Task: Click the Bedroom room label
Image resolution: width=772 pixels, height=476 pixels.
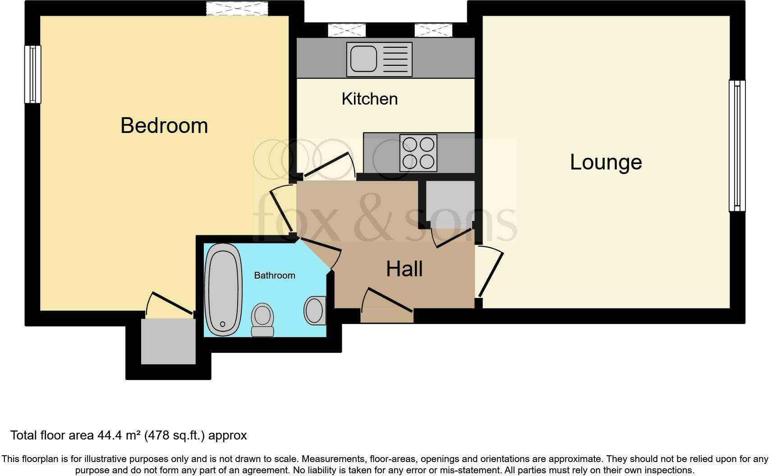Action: (164, 126)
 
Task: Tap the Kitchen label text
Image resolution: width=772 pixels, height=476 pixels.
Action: (369, 99)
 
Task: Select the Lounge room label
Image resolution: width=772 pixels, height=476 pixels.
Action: (606, 162)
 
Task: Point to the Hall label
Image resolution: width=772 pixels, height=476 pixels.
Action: (404, 269)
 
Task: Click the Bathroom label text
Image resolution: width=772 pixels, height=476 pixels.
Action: (275, 275)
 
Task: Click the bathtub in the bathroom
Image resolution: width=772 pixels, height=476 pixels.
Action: (223, 290)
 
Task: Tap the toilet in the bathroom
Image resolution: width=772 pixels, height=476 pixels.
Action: (262, 320)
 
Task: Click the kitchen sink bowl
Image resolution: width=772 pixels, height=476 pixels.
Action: (363, 59)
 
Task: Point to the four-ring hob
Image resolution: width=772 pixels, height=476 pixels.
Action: (418, 153)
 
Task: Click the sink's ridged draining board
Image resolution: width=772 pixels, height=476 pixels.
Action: (395, 59)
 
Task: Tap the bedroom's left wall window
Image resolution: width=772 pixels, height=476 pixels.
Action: (33, 74)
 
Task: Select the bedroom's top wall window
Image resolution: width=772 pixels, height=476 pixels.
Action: (237, 8)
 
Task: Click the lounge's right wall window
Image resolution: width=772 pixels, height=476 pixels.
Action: (737, 146)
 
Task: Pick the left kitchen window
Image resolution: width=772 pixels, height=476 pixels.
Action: (347, 30)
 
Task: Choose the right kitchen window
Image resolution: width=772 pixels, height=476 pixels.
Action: (433, 30)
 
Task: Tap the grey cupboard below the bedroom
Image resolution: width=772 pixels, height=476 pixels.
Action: (169, 341)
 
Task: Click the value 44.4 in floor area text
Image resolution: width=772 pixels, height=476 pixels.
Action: (109, 436)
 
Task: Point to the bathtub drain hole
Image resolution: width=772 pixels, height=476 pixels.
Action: (223, 324)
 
